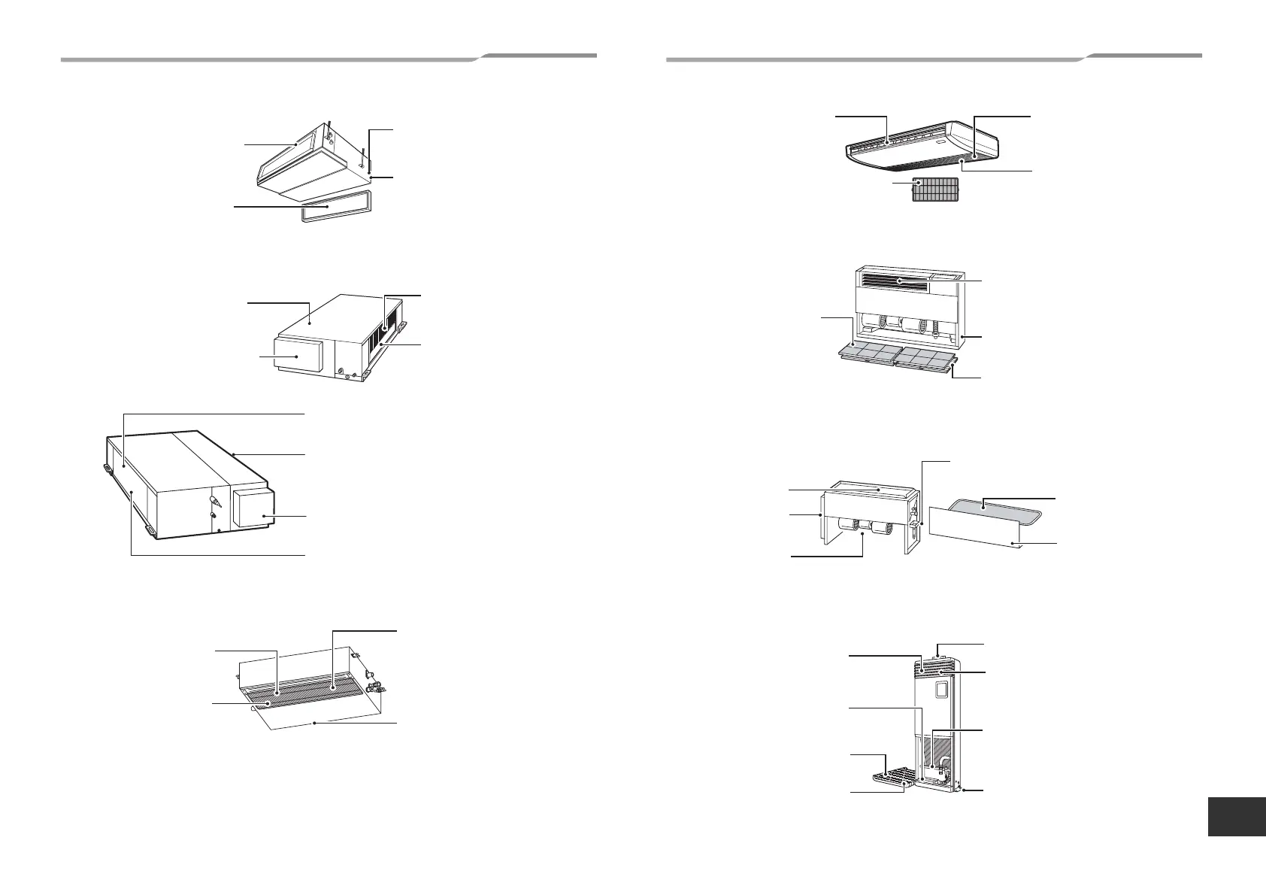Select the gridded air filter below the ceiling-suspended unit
[935, 190]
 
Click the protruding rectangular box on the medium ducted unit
[298, 356]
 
